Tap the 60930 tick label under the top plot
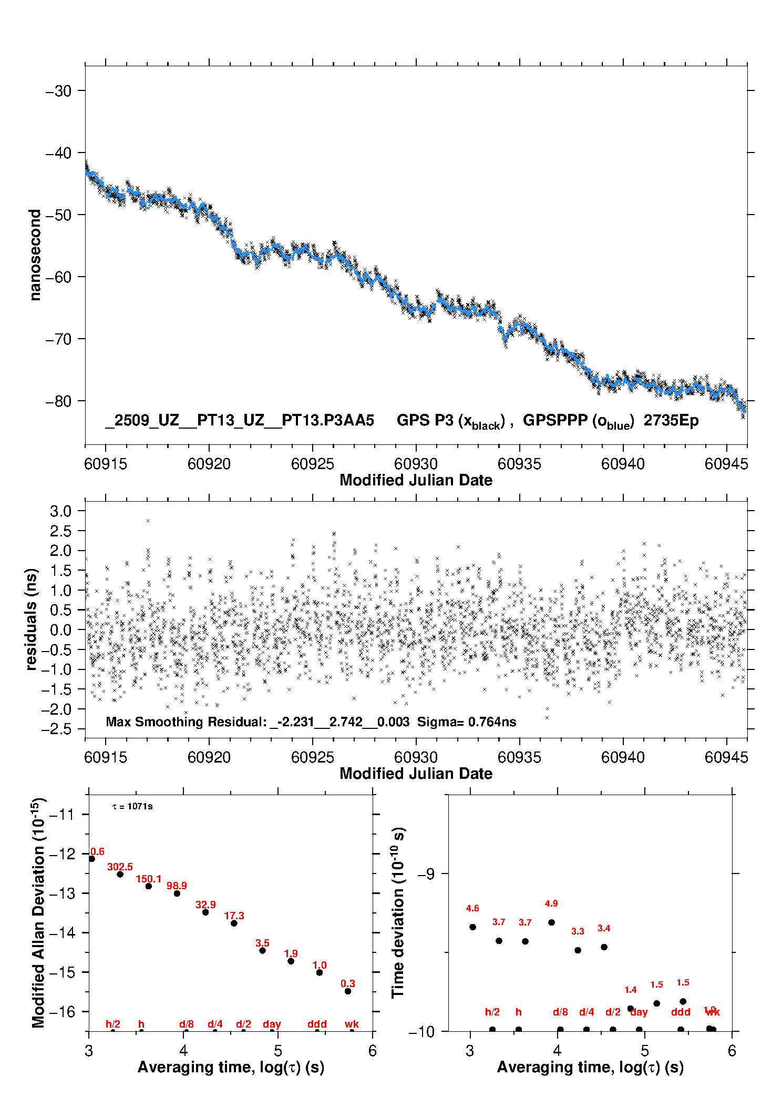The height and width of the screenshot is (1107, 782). point(416,464)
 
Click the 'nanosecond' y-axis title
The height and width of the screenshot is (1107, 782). point(35,255)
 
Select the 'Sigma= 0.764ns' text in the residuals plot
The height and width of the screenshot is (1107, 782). point(467,722)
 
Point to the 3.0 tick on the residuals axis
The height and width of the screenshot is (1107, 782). point(60,511)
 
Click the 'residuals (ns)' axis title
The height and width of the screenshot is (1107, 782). point(32,619)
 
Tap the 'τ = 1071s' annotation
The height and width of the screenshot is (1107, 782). point(132,807)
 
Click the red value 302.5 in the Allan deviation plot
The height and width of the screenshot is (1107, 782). point(120,867)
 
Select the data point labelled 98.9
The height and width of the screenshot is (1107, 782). point(177,893)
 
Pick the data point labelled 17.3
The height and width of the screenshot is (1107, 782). point(234,923)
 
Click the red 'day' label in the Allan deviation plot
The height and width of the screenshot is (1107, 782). point(272,1024)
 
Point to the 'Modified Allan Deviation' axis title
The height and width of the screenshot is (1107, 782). point(38,913)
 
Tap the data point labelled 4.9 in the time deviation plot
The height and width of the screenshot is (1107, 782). point(551,922)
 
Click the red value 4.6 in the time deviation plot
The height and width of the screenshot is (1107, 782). point(472,908)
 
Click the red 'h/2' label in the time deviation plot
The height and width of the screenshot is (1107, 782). point(492,1012)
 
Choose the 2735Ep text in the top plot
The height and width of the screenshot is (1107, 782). point(671,421)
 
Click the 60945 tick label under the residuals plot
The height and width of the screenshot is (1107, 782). point(726,757)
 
